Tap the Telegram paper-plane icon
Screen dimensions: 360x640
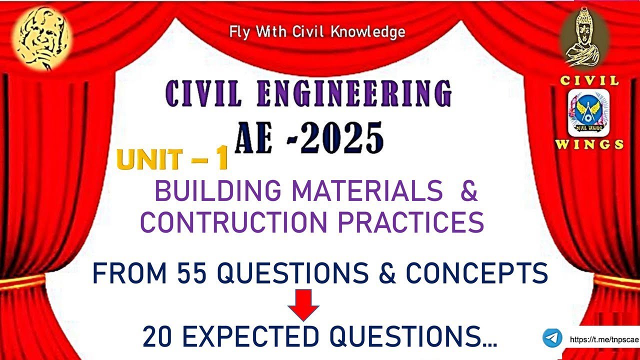(x=552, y=338)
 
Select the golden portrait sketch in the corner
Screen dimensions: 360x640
(x=41, y=37)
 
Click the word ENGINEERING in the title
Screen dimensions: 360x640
(x=354, y=93)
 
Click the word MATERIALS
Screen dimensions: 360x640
(x=367, y=191)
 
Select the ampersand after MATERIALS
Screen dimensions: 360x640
(x=468, y=191)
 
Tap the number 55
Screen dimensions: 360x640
(x=192, y=273)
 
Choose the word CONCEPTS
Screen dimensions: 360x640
(x=476, y=273)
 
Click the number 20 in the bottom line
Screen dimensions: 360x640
(x=157, y=337)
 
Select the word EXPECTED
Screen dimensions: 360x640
(x=250, y=337)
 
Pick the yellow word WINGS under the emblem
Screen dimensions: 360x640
(x=589, y=145)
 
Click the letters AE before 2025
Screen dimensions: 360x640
(x=253, y=138)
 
